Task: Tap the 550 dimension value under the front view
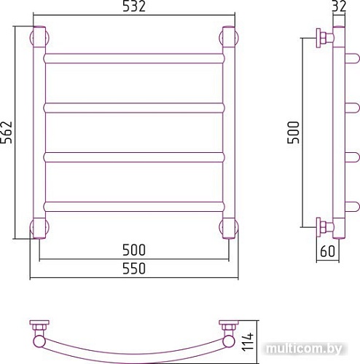coord(134,268)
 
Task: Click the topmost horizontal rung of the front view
coord(133,58)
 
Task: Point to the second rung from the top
coord(133,107)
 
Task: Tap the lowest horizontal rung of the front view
coord(133,205)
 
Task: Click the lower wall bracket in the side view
coord(323,226)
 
